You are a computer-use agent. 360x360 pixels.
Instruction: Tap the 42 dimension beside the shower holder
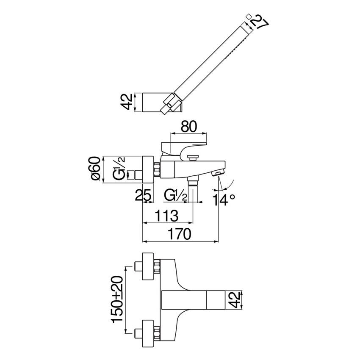coord(126,102)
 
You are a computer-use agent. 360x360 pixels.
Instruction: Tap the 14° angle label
coord(224,199)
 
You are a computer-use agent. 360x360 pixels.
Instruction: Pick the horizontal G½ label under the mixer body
coord(175,196)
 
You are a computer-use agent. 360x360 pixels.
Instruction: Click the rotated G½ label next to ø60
coord(120,169)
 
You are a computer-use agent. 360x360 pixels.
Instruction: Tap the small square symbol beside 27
coord(249,16)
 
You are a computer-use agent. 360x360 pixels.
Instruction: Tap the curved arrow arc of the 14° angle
coord(229,183)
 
